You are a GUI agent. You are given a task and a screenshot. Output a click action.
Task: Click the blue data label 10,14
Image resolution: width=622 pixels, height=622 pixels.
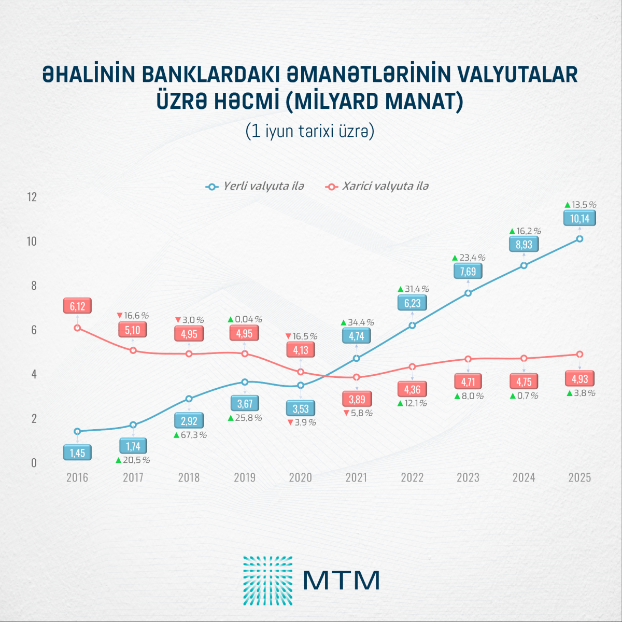(x=579, y=218)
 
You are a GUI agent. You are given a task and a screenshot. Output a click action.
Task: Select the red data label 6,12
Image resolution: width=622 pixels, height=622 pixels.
(x=77, y=306)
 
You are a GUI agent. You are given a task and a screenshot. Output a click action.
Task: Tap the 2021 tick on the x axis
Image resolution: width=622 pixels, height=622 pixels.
(x=356, y=477)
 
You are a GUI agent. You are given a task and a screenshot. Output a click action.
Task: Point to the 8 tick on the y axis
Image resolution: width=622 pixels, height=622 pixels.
(x=34, y=286)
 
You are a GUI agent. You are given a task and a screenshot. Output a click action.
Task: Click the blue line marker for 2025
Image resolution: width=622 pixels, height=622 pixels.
(x=579, y=239)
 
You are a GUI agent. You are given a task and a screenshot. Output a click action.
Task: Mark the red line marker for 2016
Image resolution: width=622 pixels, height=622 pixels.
(x=77, y=328)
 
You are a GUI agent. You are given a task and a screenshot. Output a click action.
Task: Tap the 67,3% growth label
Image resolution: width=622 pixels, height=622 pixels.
(x=190, y=435)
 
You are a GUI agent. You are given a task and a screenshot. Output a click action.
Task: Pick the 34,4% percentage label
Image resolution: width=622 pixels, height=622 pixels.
(x=358, y=322)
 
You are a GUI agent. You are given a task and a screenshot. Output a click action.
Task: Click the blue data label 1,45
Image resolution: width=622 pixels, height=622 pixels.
(x=77, y=453)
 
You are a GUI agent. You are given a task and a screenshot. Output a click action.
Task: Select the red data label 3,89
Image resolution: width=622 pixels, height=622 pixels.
(x=357, y=399)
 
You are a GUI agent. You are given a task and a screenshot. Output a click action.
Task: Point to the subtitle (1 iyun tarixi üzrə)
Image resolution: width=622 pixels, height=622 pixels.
(x=310, y=131)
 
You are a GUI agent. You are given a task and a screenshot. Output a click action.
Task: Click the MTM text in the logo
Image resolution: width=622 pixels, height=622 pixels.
(x=342, y=581)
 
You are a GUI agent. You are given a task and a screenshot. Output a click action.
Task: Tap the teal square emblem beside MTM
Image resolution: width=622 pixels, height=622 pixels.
(x=268, y=581)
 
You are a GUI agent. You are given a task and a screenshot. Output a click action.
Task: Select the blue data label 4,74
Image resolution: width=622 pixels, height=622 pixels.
(x=357, y=336)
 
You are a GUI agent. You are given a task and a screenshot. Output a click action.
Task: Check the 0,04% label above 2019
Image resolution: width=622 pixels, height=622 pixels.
(x=245, y=319)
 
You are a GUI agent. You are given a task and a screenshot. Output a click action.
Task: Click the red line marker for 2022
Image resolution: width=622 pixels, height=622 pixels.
(x=413, y=367)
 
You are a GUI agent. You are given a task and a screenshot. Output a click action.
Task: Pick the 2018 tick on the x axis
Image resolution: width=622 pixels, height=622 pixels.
(x=189, y=477)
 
